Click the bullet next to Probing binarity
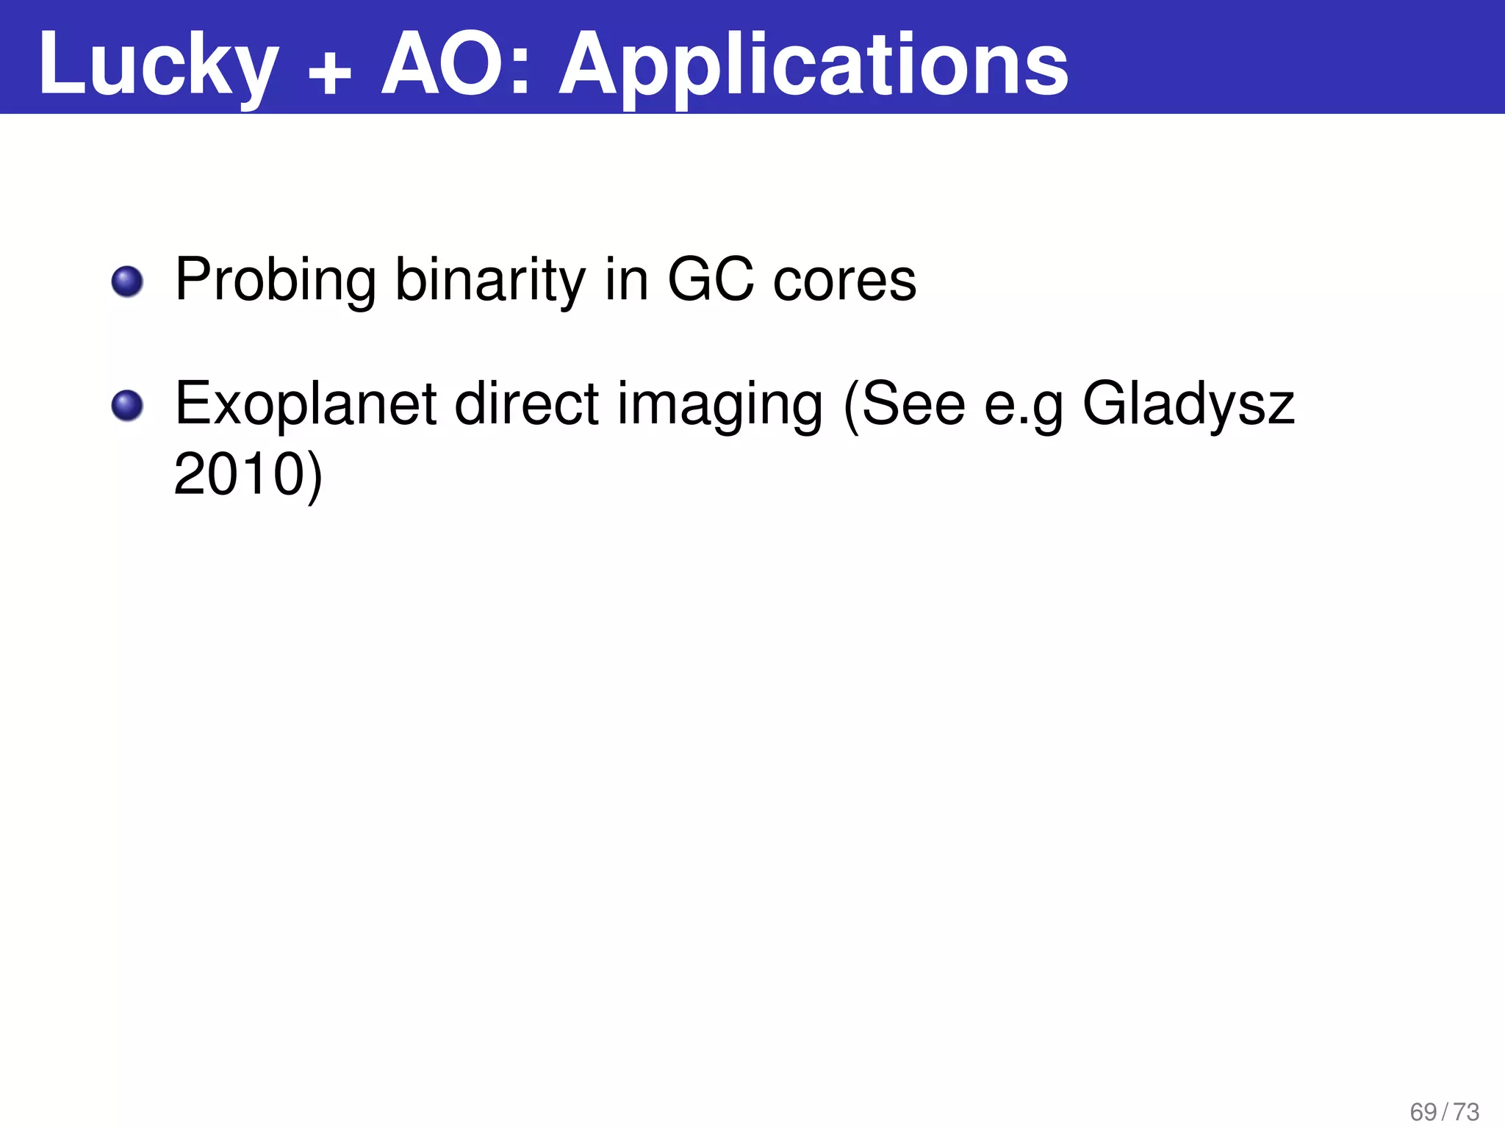click(127, 282)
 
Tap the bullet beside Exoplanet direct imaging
click(127, 406)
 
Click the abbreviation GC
click(710, 280)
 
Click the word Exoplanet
click(306, 404)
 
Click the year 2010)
click(248, 475)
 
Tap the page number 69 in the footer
click(1423, 1111)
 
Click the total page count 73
click(1466, 1111)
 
